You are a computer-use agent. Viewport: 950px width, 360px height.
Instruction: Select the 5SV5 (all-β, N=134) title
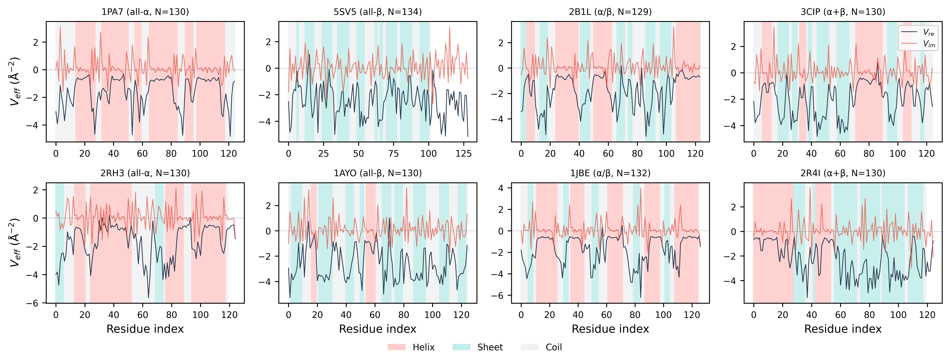tap(378, 12)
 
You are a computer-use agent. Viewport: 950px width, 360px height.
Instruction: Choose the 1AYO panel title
tap(378, 173)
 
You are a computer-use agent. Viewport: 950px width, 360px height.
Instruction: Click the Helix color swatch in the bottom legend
tap(396, 347)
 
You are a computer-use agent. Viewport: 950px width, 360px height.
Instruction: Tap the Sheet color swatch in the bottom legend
tap(461, 347)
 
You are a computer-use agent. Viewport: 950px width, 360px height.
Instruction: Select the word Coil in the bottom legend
tap(554, 347)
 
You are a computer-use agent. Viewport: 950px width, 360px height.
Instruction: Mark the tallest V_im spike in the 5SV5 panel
tap(450, 27)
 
